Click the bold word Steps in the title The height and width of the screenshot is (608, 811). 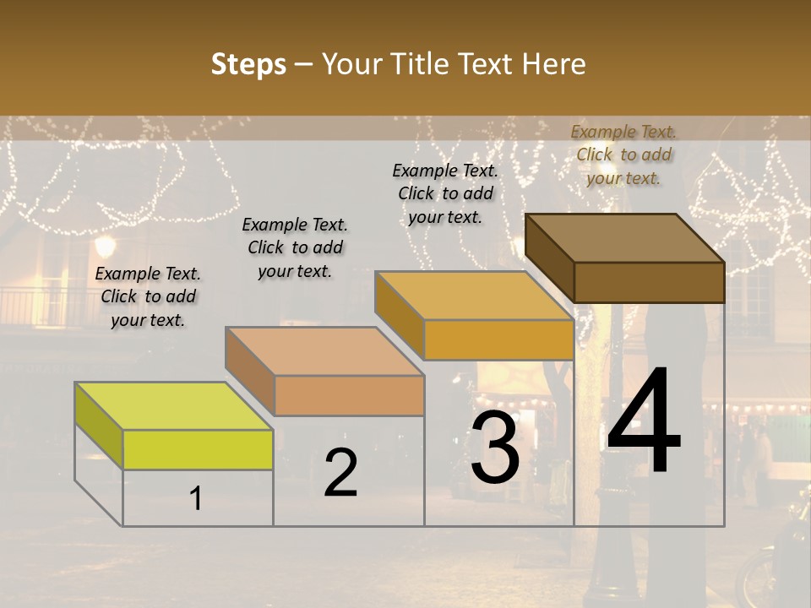248,64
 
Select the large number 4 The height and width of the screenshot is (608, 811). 644,422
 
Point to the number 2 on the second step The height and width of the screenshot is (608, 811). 340,473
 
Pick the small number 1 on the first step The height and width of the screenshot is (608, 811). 196,499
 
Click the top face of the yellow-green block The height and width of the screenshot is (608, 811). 173,405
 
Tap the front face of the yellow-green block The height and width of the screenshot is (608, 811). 198,449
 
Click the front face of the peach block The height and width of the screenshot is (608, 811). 349,395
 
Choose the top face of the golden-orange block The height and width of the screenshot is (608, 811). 474,296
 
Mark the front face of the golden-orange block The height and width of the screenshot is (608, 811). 498,340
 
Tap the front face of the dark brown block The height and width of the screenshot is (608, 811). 649,282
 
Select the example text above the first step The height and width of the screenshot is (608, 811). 148,296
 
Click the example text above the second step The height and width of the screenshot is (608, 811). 295,247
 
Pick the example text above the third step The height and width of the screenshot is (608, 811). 445,193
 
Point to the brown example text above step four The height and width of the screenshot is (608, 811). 623,155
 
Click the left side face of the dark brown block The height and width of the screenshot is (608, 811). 549,258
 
